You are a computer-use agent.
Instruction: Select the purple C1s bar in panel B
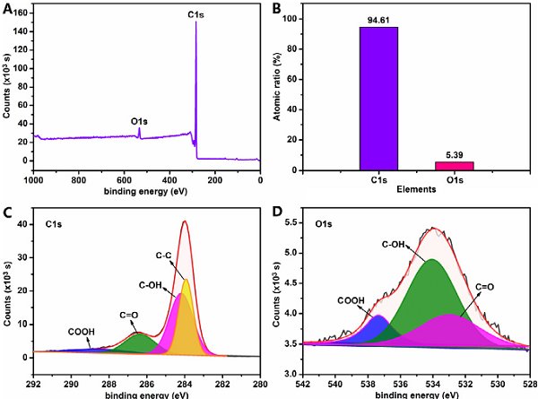click(378, 99)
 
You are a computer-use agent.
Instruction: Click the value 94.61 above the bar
click(378, 20)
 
